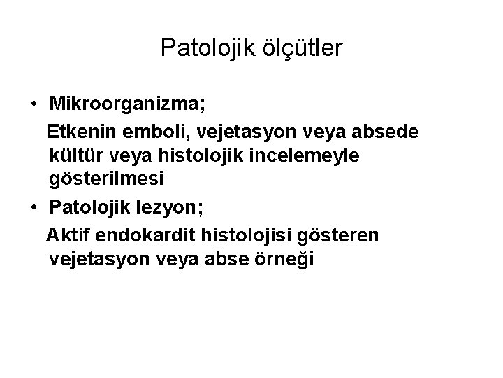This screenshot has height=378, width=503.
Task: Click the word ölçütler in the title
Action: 299,48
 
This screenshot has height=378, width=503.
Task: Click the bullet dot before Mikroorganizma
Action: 34,105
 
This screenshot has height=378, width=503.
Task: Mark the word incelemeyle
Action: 314,155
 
